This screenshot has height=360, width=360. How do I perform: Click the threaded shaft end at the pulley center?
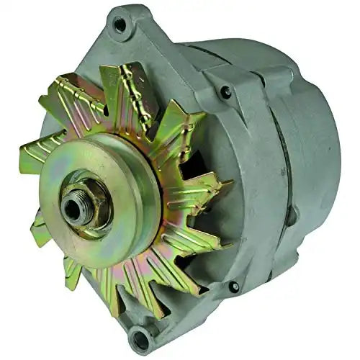tap(72, 208)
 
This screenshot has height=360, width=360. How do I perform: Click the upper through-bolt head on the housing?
tap(226, 92)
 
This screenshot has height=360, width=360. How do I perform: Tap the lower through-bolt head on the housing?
tap(235, 287)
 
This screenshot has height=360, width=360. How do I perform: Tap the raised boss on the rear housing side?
tap(292, 215)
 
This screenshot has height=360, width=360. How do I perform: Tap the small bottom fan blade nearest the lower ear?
tap(115, 292)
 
